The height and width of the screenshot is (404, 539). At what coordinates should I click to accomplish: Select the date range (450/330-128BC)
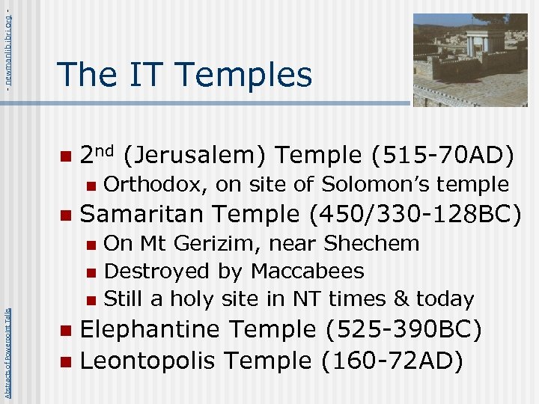pos(414,214)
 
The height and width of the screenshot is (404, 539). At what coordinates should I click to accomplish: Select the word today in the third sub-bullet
pos(445,299)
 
